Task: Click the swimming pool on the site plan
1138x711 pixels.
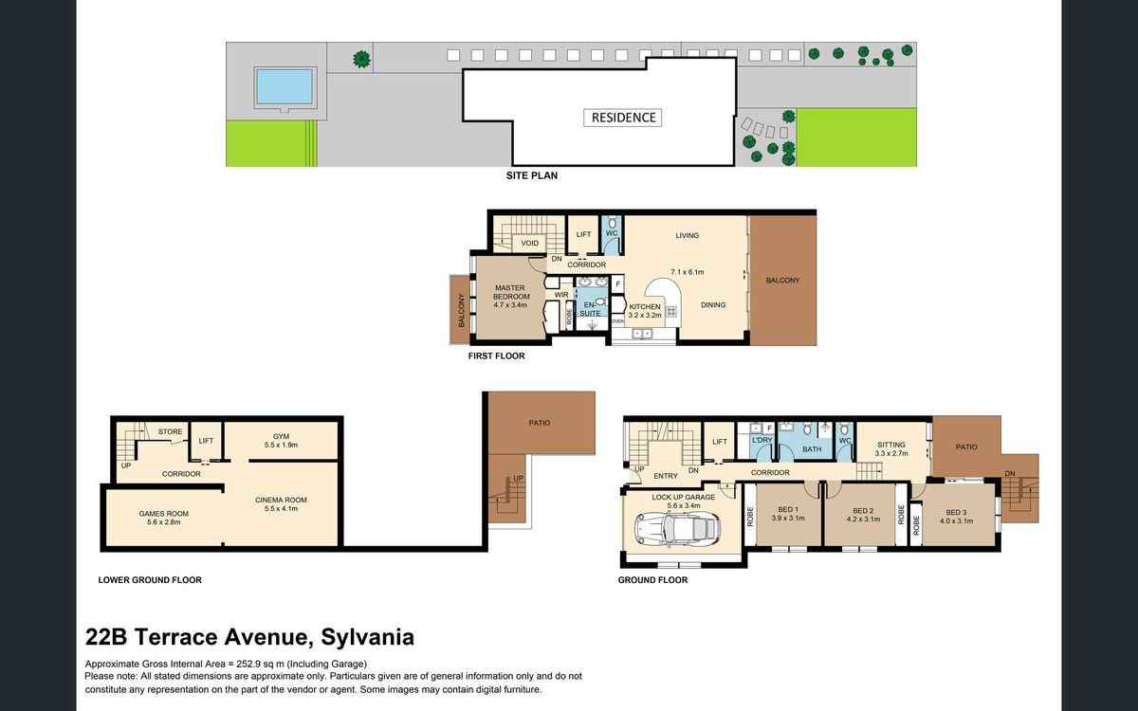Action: coord(284,87)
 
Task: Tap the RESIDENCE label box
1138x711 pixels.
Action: coord(623,118)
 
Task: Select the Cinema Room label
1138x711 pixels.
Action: coord(281,504)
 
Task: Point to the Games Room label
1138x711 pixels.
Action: coord(163,518)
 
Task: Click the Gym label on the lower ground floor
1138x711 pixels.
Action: coord(281,440)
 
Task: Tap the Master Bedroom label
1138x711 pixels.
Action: coord(510,296)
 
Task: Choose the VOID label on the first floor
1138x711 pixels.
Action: coord(530,244)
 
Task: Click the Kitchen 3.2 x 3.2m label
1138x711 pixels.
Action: coord(645,311)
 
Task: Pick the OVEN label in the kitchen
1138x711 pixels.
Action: coord(617,321)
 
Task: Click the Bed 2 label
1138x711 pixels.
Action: coord(863,515)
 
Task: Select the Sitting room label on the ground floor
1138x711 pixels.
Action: coord(891,449)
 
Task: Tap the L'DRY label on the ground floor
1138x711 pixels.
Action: coord(762,440)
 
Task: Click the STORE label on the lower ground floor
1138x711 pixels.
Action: coord(170,431)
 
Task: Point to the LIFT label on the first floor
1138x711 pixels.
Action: coord(584,235)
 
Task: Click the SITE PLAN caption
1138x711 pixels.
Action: coord(531,175)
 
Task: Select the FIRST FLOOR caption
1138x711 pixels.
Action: coord(496,356)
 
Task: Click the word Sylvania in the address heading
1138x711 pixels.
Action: coord(368,637)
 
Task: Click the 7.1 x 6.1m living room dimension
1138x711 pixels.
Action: coord(688,272)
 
